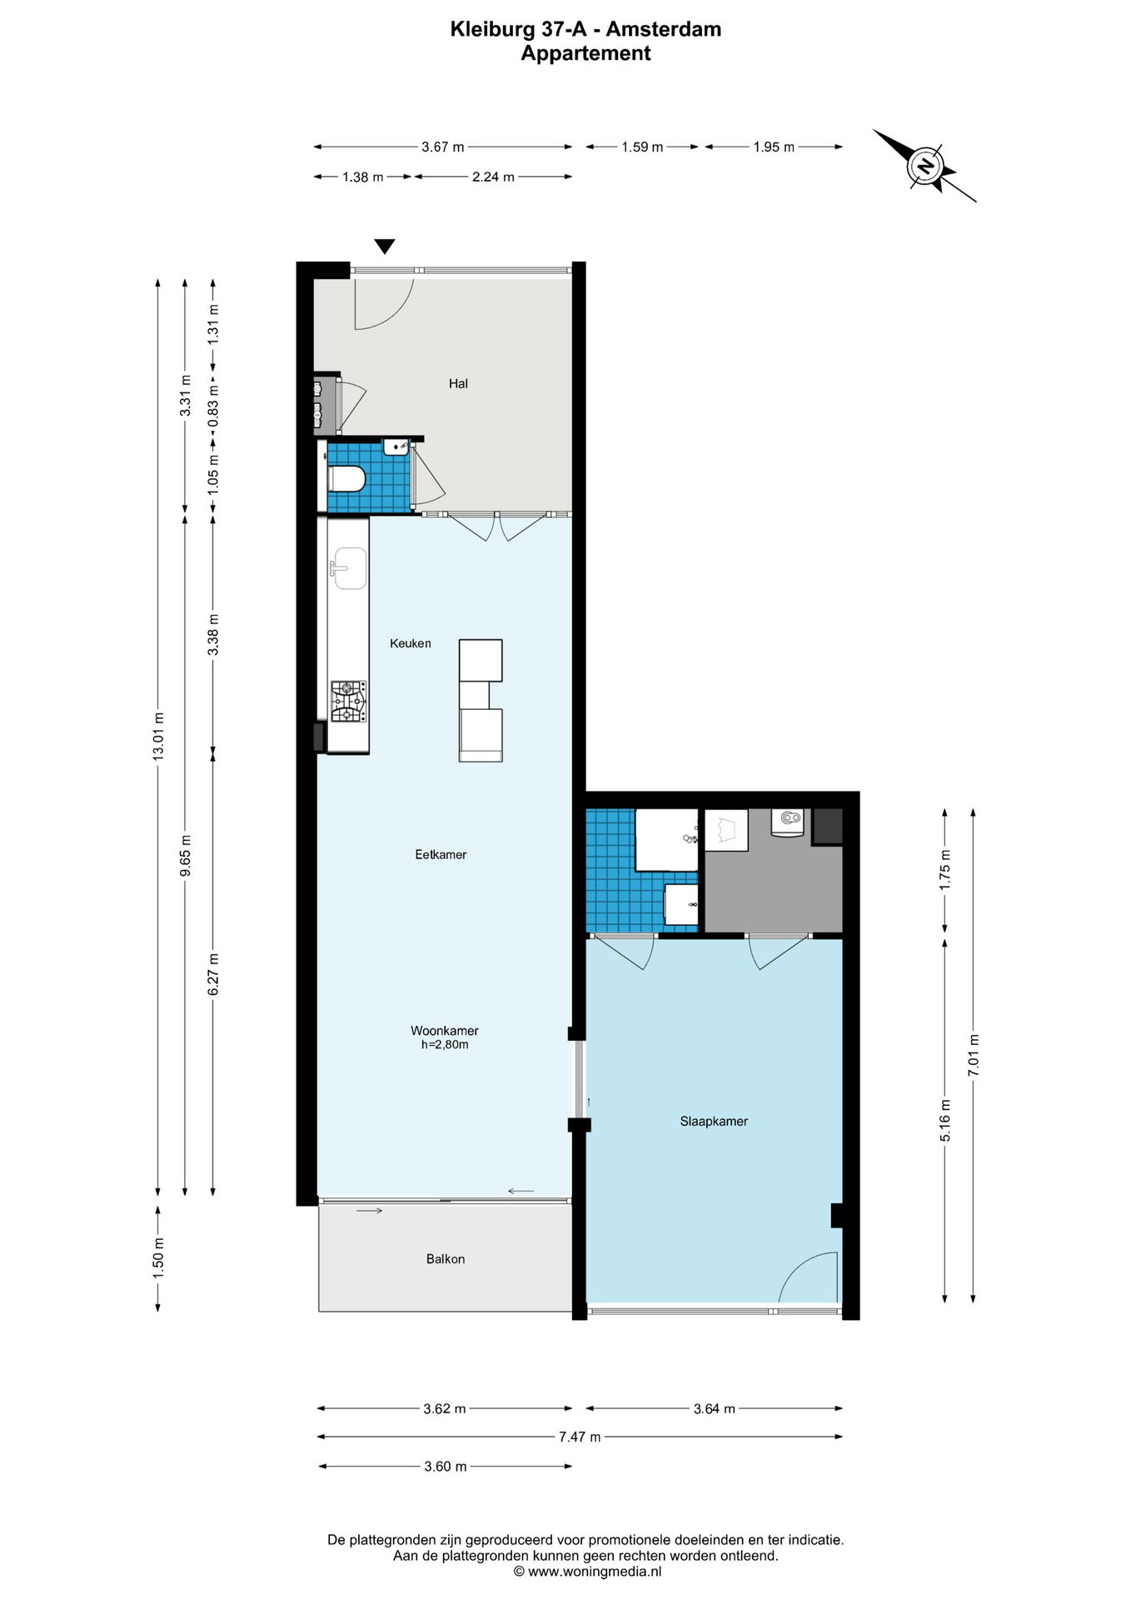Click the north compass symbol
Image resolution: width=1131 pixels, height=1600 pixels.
(x=924, y=165)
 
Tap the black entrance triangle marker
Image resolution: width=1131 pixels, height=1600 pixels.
(x=384, y=247)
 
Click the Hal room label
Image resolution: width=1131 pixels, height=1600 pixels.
(x=458, y=383)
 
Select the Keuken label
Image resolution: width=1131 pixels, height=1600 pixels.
(x=411, y=643)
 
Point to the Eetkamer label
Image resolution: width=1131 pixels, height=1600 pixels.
(x=441, y=854)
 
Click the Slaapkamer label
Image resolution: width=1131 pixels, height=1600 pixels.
(x=714, y=1121)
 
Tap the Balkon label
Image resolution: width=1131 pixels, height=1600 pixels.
(x=446, y=1258)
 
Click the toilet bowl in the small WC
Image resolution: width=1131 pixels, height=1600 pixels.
(x=347, y=478)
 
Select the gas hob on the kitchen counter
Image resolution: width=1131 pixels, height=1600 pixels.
(x=349, y=702)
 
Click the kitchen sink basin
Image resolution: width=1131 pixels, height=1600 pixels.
(x=349, y=568)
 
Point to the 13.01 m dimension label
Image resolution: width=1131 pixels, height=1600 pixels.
(x=158, y=736)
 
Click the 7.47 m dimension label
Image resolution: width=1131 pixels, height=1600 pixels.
(x=580, y=1437)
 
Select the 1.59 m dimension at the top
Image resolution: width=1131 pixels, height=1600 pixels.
(x=642, y=147)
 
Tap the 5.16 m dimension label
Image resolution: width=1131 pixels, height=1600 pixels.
(x=945, y=1121)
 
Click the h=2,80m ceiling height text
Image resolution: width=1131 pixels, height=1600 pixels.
(x=445, y=1044)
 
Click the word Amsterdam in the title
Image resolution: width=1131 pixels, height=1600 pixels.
(x=664, y=29)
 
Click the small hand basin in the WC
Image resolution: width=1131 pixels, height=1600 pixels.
(x=396, y=447)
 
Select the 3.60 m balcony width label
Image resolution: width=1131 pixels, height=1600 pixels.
(x=446, y=1466)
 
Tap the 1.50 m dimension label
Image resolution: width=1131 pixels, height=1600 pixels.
(x=158, y=1258)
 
